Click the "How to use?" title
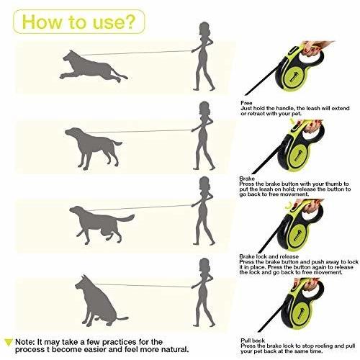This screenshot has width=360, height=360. [78, 22]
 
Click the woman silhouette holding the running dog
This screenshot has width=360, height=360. [204, 56]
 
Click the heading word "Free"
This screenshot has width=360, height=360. [246, 103]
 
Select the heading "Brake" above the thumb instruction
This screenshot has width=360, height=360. [247, 179]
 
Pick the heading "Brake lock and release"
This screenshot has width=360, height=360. [269, 256]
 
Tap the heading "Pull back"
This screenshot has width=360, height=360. [253, 341]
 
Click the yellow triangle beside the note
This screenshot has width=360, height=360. [9, 342]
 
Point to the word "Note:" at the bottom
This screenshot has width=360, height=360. [24, 342]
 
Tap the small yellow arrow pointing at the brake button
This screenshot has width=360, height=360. [293, 121]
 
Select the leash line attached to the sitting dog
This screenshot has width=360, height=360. [143, 285]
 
